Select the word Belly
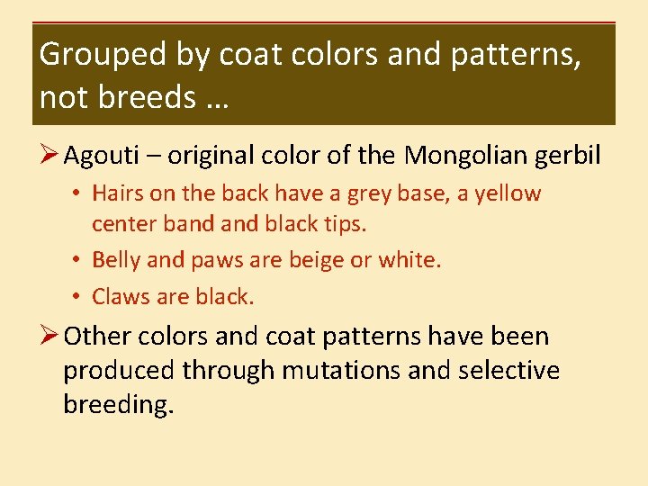117,261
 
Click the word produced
119,371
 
